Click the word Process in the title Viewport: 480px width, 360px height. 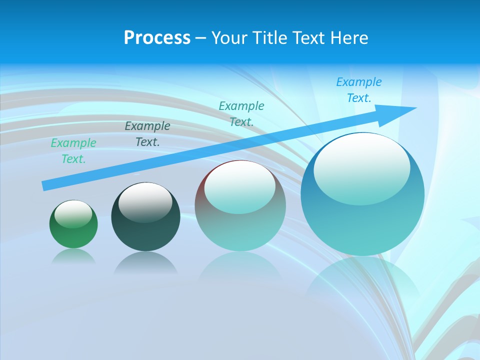(157, 38)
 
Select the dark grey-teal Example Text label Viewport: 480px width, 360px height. (147, 134)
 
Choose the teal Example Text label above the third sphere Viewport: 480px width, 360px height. (241, 113)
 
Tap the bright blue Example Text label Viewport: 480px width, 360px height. (359, 90)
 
